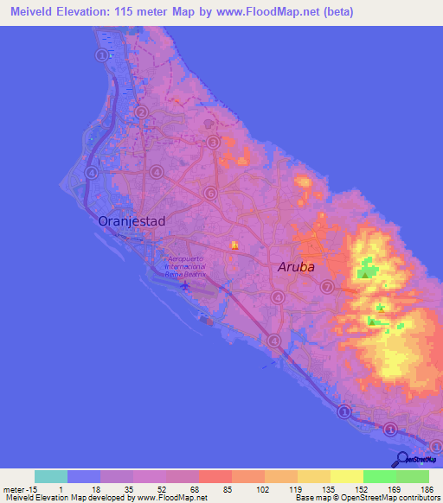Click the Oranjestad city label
[132, 221]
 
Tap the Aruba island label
[296, 267]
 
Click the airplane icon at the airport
[185, 285]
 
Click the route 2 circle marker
[141, 111]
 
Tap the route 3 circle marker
[211, 143]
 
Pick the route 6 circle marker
[209, 193]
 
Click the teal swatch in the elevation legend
[50, 476]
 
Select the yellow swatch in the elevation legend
[346, 476]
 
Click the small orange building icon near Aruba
[234, 247]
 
